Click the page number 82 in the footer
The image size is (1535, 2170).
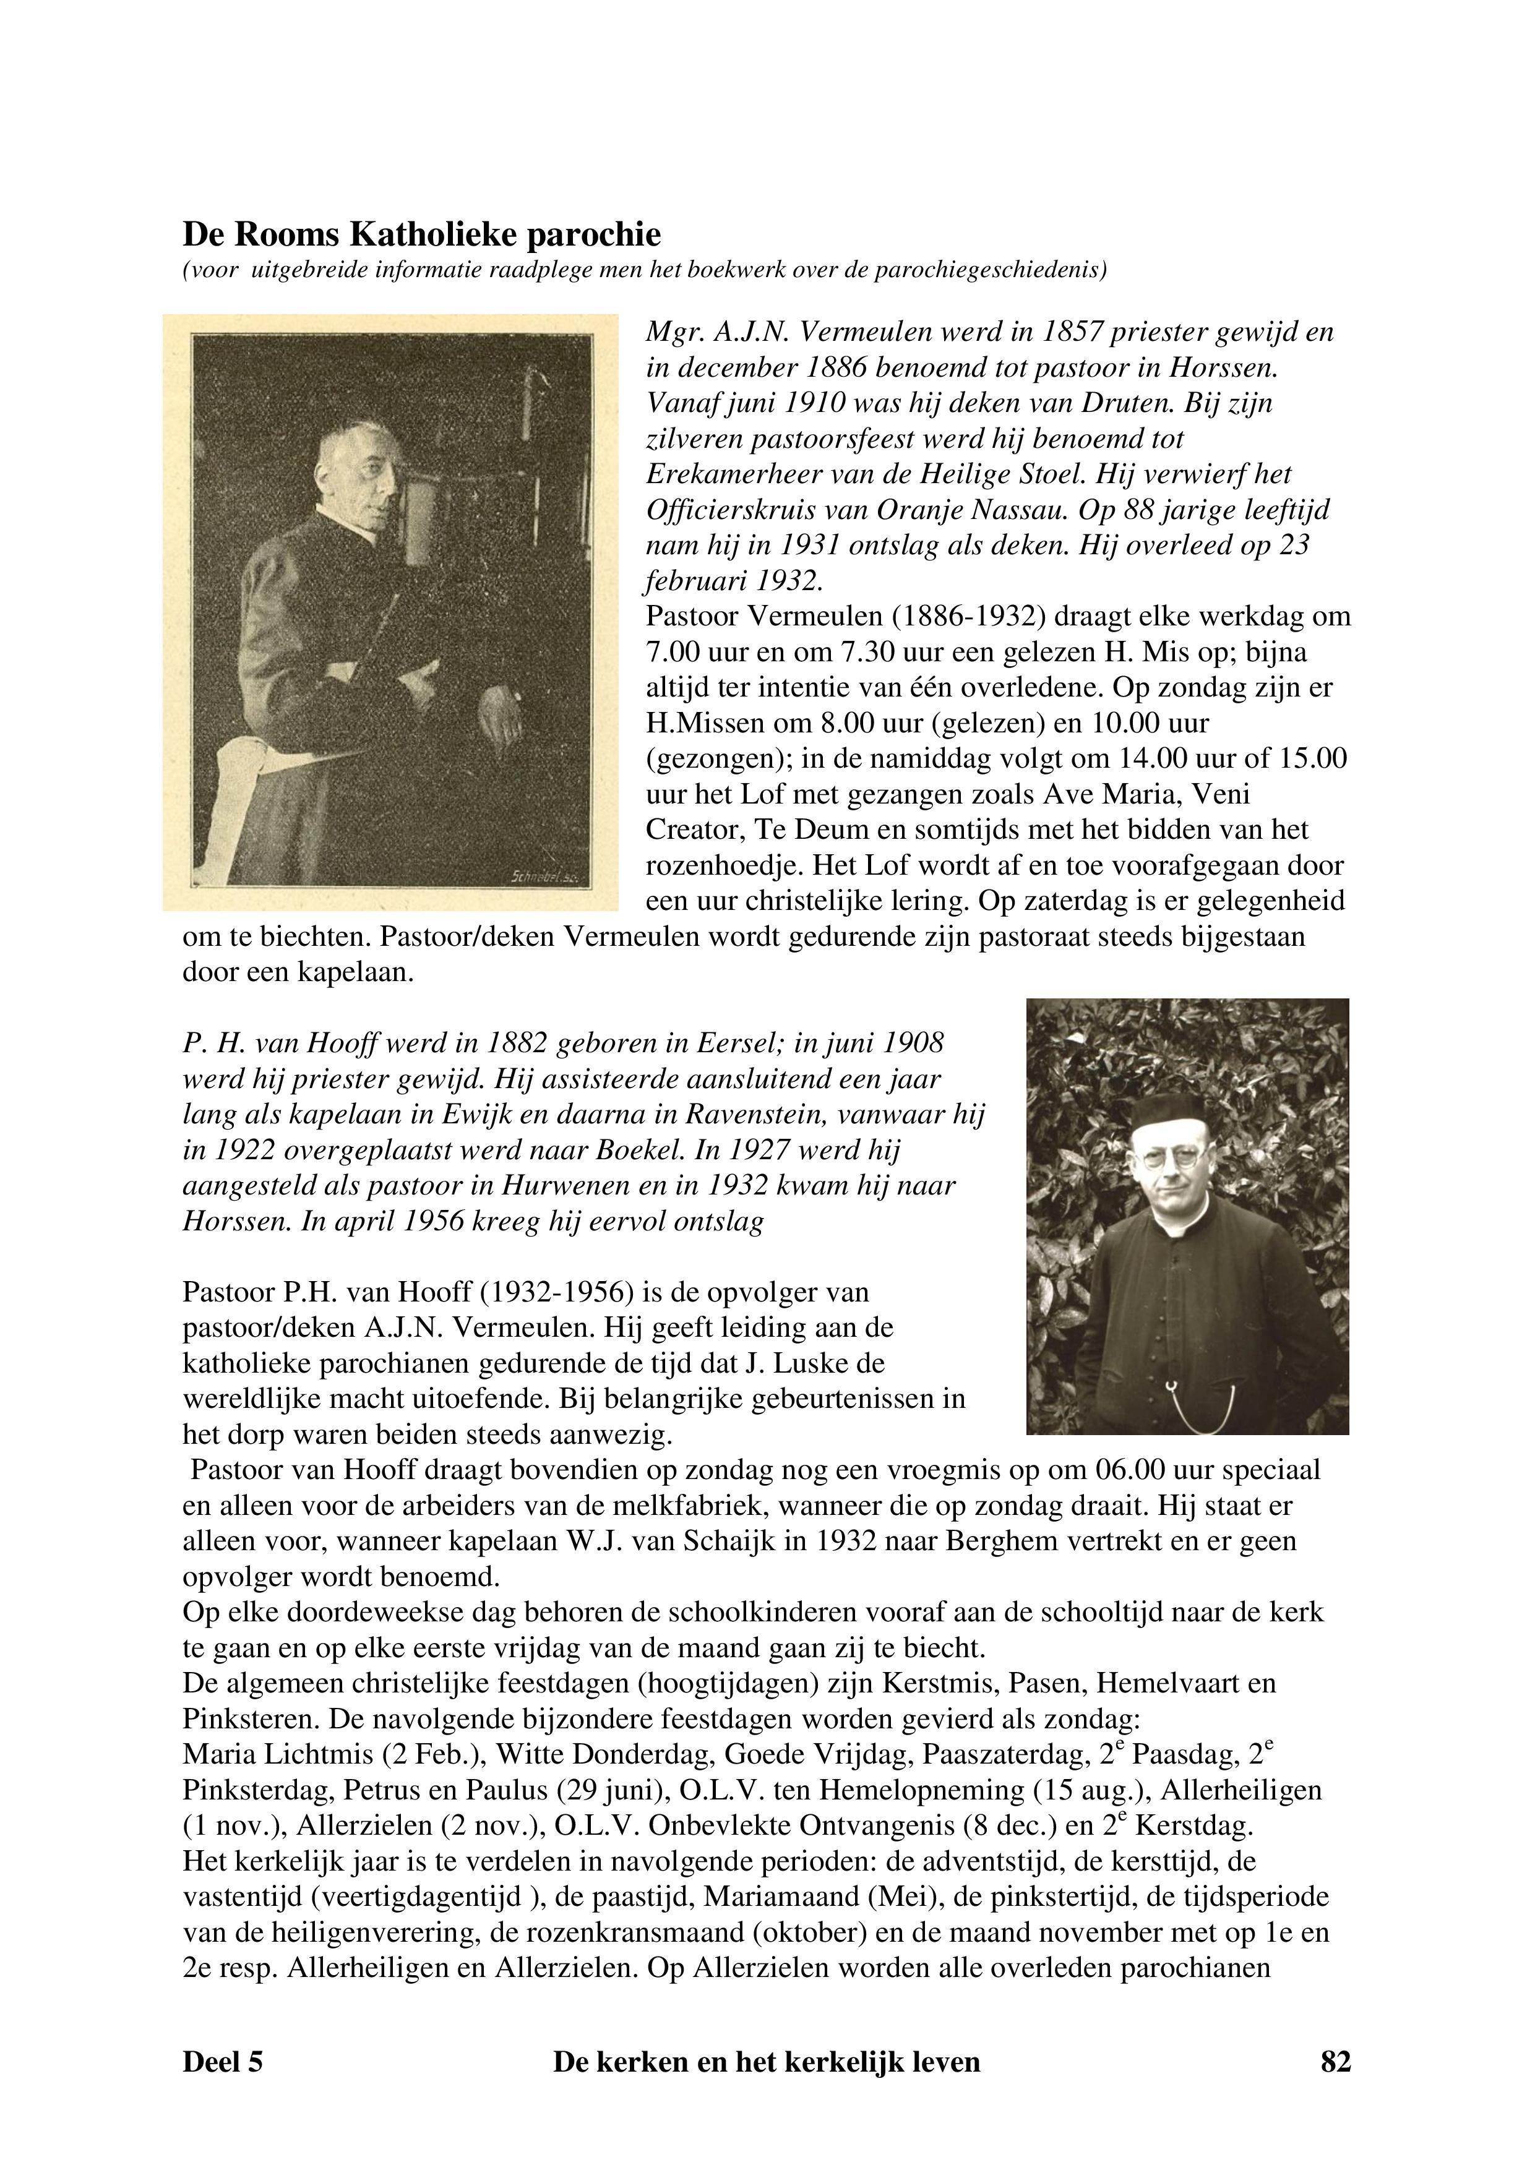(x=1335, y=2061)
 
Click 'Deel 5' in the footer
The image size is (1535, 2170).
(x=222, y=2061)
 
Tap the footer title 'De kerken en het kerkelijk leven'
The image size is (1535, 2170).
(x=767, y=2061)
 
